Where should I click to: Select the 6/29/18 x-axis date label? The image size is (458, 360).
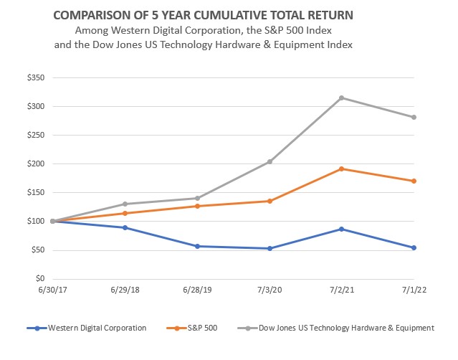coord(125,293)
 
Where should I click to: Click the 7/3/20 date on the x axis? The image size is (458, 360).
coord(269,293)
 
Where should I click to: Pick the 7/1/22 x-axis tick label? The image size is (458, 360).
coord(414,293)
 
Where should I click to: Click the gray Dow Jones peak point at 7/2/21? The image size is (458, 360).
coord(342,98)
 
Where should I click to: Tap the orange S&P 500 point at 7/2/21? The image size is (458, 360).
coord(342,169)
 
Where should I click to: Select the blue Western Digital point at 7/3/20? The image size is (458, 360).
coord(269,248)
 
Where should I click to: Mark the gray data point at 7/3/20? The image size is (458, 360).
coord(269,161)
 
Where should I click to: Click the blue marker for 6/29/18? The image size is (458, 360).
coord(125,227)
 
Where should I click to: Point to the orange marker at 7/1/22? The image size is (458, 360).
coord(414,181)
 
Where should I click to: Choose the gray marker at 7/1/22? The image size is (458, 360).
coord(414,117)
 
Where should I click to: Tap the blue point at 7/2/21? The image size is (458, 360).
coord(342,229)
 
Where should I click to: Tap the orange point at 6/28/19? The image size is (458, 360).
coord(197,206)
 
